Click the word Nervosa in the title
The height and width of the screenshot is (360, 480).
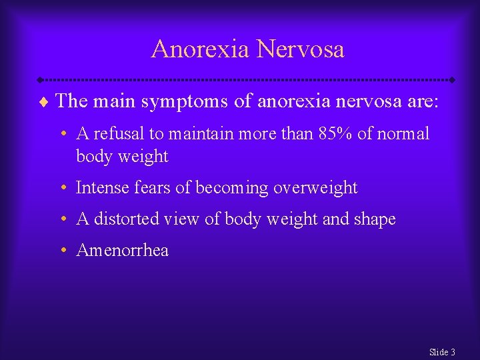[x=300, y=49]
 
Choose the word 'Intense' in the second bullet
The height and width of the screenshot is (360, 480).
[x=100, y=188]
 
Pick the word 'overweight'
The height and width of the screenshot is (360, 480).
[x=316, y=189]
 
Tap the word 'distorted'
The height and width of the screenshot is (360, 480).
[x=123, y=219]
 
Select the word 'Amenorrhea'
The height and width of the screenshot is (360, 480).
[x=123, y=251]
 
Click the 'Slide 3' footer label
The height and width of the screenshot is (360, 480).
[x=442, y=352]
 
